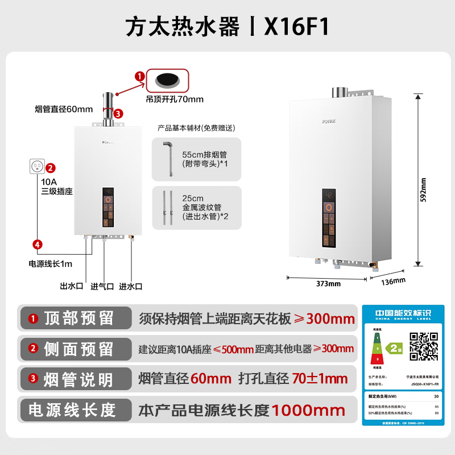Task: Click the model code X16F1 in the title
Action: click(x=297, y=27)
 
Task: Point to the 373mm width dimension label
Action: click(x=328, y=283)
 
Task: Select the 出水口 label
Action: click(x=72, y=286)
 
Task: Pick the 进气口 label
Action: click(x=102, y=286)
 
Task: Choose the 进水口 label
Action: click(x=131, y=286)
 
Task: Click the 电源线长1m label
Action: click(x=51, y=263)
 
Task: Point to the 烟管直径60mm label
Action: click(x=64, y=109)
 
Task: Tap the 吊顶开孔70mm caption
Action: click(x=175, y=99)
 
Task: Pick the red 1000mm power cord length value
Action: click(x=308, y=410)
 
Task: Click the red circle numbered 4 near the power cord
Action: click(x=37, y=245)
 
